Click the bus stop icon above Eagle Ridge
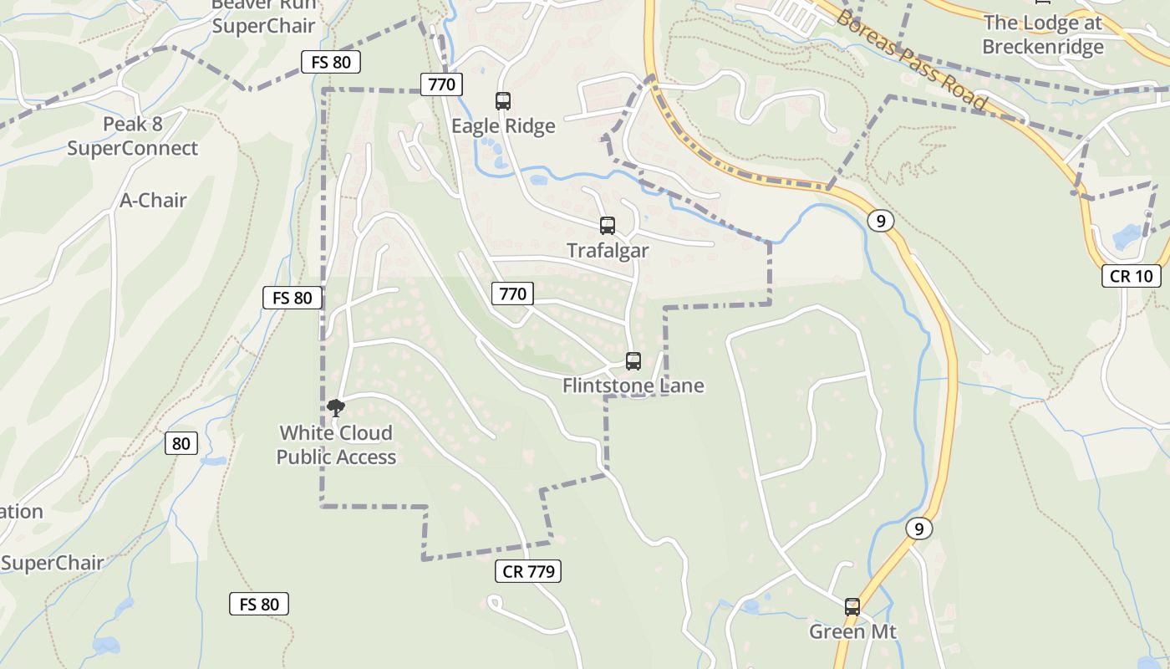click(503, 101)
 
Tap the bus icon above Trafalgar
click(608, 226)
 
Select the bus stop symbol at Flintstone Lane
click(633, 361)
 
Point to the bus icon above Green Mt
click(852, 607)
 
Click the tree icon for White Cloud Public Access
click(336, 408)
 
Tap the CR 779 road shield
click(528, 571)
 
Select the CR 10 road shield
click(1132, 276)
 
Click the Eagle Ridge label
click(503, 126)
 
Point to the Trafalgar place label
click(608, 251)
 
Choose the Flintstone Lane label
click(633, 386)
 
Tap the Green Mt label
click(852, 631)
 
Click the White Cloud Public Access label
click(336, 445)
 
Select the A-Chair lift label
click(153, 201)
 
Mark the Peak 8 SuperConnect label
click(132, 136)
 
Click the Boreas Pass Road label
click(911, 60)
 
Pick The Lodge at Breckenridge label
click(1042, 35)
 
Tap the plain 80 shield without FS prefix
click(181, 443)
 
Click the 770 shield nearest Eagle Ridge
click(441, 84)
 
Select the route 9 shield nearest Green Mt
click(918, 529)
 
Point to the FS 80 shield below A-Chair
click(292, 297)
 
